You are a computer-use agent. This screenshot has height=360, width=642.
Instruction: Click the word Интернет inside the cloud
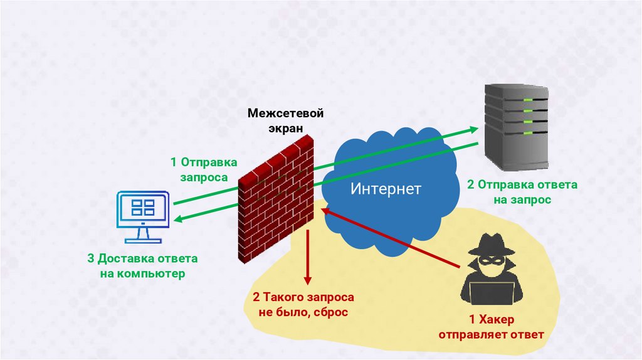(x=386, y=189)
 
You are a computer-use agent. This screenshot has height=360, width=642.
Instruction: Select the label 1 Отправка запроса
(x=204, y=169)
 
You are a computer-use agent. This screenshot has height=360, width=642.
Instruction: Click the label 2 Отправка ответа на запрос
(x=522, y=192)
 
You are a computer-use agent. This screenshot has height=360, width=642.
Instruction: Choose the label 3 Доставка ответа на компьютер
(x=143, y=266)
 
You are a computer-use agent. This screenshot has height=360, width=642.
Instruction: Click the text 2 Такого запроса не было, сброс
(x=303, y=304)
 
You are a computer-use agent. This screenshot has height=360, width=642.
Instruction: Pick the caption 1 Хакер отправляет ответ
(x=491, y=327)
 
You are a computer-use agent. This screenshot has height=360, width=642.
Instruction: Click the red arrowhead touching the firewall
(x=327, y=211)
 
